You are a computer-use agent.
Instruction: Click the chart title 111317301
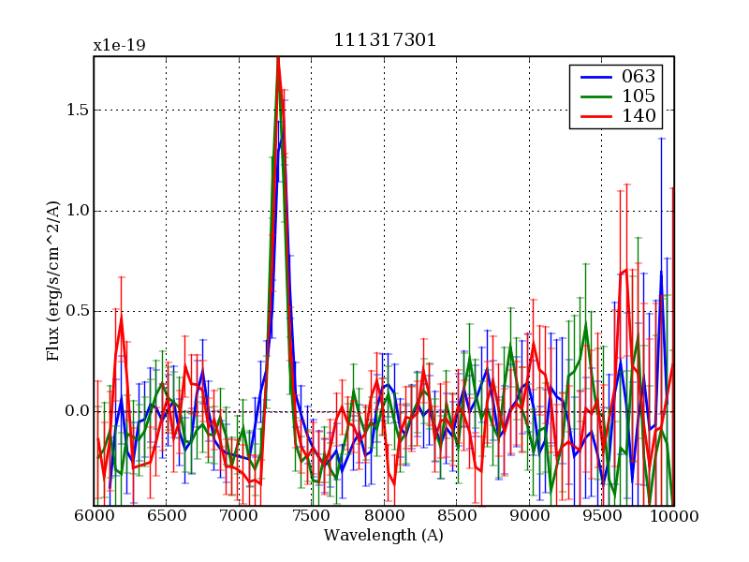click(x=385, y=40)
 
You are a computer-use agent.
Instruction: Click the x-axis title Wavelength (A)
click(x=384, y=536)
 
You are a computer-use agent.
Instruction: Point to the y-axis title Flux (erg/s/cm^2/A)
click(x=53, y=281)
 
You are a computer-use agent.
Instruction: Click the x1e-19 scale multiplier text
click(x=119, y=45)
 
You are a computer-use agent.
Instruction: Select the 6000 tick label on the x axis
click(x=94, y=516)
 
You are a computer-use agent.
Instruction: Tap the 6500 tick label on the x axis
click(x=166, y=516)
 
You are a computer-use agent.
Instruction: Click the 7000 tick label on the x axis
click(x=239, y=516)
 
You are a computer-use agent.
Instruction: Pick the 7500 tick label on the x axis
click(x=311, y=516)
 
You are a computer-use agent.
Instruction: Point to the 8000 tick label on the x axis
click(x=384, y=516)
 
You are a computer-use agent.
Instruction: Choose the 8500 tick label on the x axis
click(x=456, y=516)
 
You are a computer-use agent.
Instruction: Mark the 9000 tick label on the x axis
click(x=529, y=516)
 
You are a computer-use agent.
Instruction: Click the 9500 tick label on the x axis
click(x=601, y=516)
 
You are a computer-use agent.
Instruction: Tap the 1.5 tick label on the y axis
click(x=77, y=110)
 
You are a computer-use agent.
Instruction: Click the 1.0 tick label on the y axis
click(x=77, y=211)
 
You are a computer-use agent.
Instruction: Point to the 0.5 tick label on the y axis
click(x=77, y=311)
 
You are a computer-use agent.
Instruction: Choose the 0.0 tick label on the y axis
click(x=77, y=411)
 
